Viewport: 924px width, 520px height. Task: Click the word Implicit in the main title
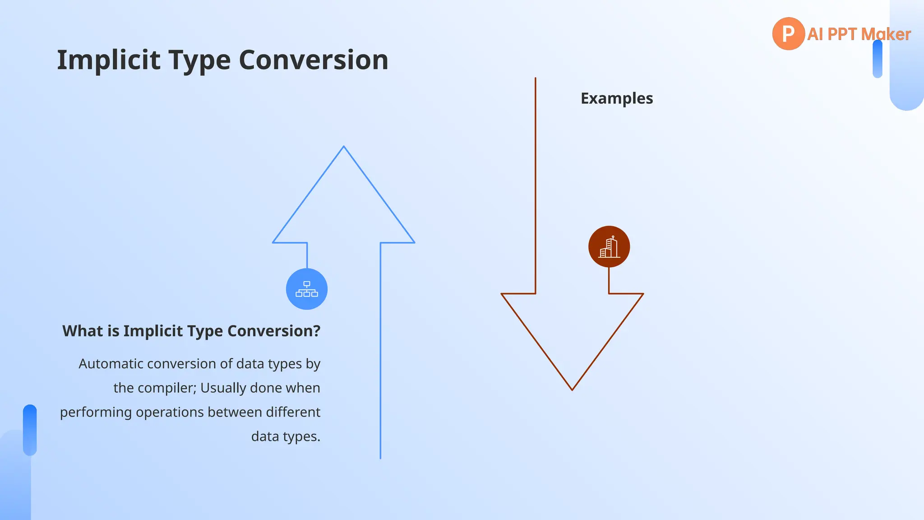(x=108, y=60)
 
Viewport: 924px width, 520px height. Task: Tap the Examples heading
(x=616, y=98)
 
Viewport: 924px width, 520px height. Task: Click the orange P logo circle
(x=788, y=34)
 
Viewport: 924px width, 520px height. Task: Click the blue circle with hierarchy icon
(x=307, y=289)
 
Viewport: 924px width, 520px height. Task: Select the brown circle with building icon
(x=609, y=246)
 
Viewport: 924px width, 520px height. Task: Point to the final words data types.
(x=286, y=437)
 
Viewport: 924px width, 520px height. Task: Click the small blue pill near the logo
(x=877, y=59)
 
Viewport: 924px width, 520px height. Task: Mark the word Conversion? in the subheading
(x=274, y=331)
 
